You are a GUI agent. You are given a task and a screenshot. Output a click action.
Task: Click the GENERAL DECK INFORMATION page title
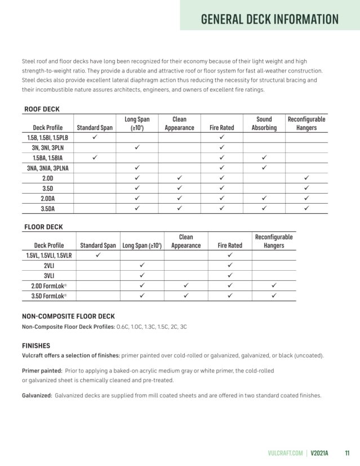(x=270, y=19)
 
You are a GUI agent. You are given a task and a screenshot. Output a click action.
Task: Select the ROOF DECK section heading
(x=42, y=109)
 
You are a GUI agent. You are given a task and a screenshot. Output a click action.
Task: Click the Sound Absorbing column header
(x=264, y=123)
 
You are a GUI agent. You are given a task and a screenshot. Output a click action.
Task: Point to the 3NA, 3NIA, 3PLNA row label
(x=47, y=168)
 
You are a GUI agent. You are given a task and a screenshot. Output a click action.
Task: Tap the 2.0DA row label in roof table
(x=47, y=198)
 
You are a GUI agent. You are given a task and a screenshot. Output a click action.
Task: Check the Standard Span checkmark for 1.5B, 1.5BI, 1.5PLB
(x=95, y=137)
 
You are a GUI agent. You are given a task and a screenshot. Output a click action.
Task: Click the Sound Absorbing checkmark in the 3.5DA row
(x=264, y=208)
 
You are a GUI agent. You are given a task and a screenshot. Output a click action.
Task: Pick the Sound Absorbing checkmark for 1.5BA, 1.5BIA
(x=264, y=158)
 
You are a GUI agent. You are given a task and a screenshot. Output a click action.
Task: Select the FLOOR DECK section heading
(x=43, y=227)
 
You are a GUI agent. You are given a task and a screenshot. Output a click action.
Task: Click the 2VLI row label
(x=48, y=266)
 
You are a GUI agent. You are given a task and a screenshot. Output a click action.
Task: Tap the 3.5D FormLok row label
(x=48, y=296)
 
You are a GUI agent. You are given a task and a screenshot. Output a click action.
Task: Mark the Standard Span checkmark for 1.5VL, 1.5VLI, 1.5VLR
(x=97, y=255)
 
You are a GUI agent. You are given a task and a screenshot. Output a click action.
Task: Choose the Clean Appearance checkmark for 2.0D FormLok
(x=185, y=286)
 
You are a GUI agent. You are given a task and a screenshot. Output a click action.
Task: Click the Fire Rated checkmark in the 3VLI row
(x=230, y=275)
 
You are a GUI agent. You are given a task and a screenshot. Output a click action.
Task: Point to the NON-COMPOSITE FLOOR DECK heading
(x=68, y=316)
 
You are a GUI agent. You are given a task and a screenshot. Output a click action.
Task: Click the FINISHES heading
(x=36, y=346)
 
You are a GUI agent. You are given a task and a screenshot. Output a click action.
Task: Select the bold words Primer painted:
(x=42, y=371)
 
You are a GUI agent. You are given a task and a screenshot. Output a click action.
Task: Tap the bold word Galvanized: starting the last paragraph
(x=37, y=396)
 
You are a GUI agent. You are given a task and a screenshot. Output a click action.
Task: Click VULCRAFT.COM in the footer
(x=286, y=452)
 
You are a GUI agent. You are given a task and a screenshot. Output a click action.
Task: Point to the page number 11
(x=347, y=452)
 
